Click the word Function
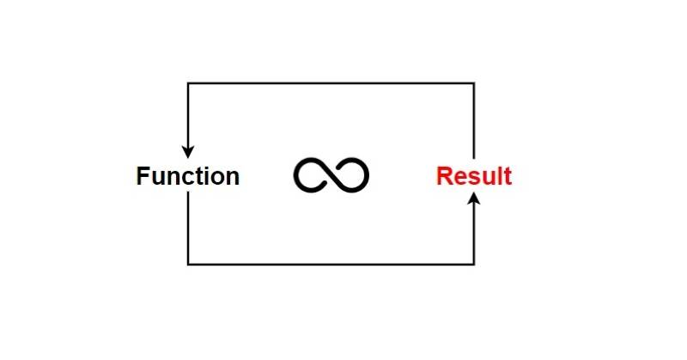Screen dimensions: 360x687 click(x=188, y=177)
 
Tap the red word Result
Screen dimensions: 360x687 click(x=473, y=177)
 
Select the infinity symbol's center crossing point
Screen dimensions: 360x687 click(x=331, y=175)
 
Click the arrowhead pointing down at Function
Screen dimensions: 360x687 click(x=188, y=151)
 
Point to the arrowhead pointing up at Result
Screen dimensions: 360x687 click(x=474, y=201)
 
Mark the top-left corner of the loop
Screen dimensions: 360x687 click(x=188, y=83)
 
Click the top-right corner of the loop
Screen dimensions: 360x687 click(x=474, y=83)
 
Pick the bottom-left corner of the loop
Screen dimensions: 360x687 click(x=188, y=264)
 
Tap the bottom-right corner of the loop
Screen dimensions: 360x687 click(x=474, y=264)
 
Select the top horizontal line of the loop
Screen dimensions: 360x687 click(x=331, y=83)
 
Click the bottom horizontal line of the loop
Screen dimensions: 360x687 click(x=331, y=264)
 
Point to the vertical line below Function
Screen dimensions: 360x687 click(x=188, y=228)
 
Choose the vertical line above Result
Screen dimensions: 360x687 click(x=474, y=120)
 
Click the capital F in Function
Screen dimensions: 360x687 click(x=143, y=177)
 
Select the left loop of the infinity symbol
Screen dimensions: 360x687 click(x=312, y=175)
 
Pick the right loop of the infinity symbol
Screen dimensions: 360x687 click(x=351, y=175)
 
